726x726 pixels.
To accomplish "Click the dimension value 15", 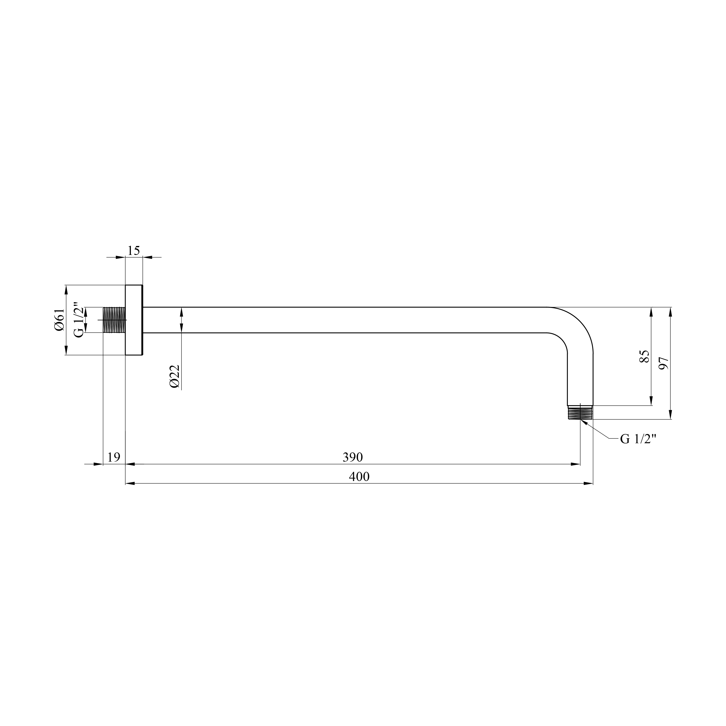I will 133,251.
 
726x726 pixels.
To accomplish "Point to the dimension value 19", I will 113,457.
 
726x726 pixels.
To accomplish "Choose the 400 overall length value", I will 359,477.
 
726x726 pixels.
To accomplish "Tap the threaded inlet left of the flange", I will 114,320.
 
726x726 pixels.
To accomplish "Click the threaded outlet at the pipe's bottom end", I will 580,413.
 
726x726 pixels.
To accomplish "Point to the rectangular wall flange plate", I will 134,320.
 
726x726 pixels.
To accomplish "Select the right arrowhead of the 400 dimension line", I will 588,484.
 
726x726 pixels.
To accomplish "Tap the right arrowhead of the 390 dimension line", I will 575,464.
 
